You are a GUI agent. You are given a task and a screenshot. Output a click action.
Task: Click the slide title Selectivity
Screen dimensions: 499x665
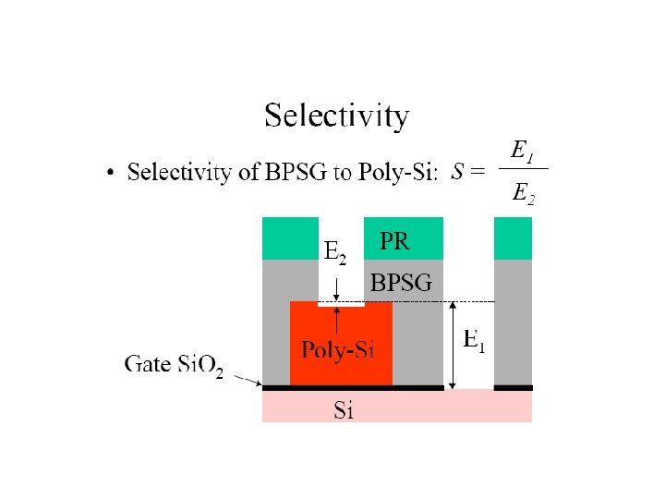[x=336, y=117]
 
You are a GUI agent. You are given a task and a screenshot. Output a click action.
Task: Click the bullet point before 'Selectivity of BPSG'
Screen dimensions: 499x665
[x=111, y=173]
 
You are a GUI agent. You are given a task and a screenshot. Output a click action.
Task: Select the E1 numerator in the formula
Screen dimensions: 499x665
[x=521, y=150]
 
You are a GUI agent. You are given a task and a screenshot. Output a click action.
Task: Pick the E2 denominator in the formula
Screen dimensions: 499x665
[x=522, y=193]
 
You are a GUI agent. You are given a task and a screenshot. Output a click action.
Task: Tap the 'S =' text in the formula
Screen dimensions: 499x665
[x=467, y=172]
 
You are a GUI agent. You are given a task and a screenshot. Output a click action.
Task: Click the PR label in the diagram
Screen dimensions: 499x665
[x=395, y=242]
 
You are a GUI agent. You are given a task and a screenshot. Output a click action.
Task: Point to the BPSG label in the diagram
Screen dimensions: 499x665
[x=401, y=282]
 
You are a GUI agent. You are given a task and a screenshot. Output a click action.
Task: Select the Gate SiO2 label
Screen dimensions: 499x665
[x=175, y=364]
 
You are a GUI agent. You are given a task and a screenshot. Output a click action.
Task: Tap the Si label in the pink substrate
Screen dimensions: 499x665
[x=344, y=410]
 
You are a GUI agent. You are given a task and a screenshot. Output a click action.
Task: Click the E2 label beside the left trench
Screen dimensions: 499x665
[x=334, y=250]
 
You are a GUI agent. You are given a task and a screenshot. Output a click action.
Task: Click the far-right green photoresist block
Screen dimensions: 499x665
[x=514, y=237]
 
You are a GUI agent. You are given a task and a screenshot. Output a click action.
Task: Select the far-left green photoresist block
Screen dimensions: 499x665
[x=290, y=237]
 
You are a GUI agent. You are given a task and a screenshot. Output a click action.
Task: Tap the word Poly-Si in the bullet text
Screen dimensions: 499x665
[x=398, y=173]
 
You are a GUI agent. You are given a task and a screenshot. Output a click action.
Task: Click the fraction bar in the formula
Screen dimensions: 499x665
[x=522, y=168]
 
